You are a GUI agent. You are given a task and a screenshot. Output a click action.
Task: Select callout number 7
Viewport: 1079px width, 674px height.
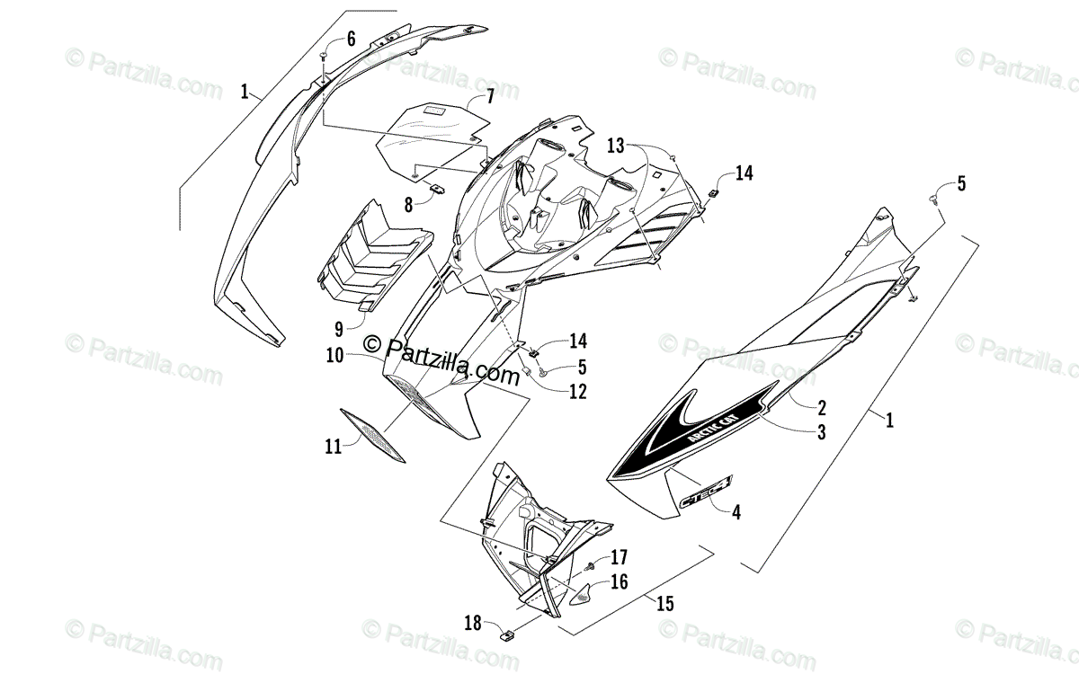491,96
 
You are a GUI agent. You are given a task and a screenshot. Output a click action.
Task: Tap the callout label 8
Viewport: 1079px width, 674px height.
408,204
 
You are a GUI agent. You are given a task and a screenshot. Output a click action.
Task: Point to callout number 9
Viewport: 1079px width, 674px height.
338,329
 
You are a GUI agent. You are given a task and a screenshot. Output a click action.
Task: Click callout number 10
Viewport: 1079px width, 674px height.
335,355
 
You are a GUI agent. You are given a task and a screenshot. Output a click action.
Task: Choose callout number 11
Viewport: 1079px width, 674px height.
334,445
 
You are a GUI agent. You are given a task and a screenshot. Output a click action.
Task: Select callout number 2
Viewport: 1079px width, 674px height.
821,406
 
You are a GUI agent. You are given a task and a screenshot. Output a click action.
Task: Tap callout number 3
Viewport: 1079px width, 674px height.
821,432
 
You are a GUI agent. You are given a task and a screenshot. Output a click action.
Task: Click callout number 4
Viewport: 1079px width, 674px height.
736,513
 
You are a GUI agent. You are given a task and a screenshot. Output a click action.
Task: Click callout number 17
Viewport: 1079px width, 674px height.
619,556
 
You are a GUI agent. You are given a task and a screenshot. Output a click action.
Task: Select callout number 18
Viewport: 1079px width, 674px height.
474,622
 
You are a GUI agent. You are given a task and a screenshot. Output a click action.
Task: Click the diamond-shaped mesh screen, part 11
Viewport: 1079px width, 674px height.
372,437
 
